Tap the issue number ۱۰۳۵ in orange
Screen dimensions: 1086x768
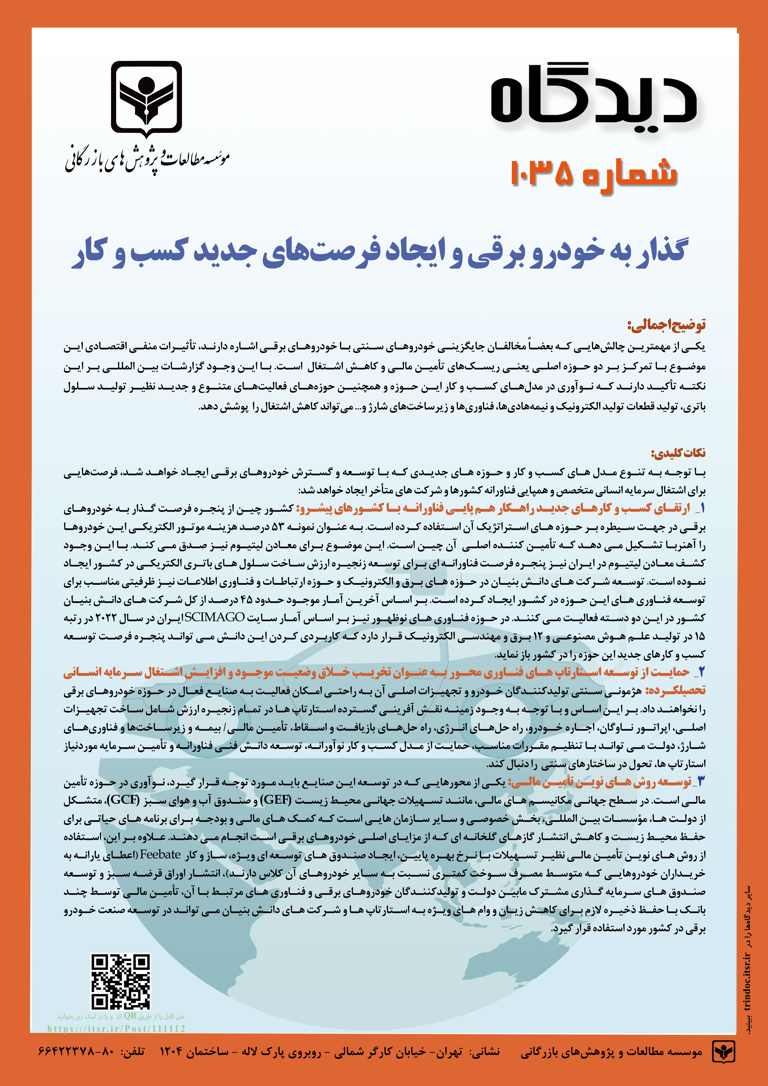(541, 173)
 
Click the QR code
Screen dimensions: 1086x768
(121, 981)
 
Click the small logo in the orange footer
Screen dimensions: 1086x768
(724, 1061)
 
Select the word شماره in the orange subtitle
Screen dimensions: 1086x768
(629, 173)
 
